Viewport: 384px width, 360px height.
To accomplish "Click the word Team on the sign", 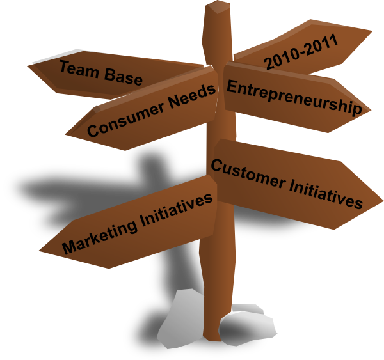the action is [79, 70].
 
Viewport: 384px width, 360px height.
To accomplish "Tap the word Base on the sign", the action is [123, 77].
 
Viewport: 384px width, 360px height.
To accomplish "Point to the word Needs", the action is [193, 96].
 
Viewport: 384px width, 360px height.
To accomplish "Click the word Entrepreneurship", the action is [294, 98].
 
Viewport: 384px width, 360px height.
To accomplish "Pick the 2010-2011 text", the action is [301, 51].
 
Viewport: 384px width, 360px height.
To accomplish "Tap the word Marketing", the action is [99, 236].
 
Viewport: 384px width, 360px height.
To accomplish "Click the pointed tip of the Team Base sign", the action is [28, 66].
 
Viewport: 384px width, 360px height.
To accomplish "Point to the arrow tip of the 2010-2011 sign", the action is [372, 31].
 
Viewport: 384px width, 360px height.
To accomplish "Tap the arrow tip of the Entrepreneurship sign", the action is [371, 111].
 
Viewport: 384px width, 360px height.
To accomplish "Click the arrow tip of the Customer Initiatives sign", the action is [383, 201].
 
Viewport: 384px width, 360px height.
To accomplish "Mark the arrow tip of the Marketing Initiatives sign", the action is [40, 251].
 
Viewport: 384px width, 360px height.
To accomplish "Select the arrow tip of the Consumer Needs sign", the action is [66, 134].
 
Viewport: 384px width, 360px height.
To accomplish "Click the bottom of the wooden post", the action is [212, 339].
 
